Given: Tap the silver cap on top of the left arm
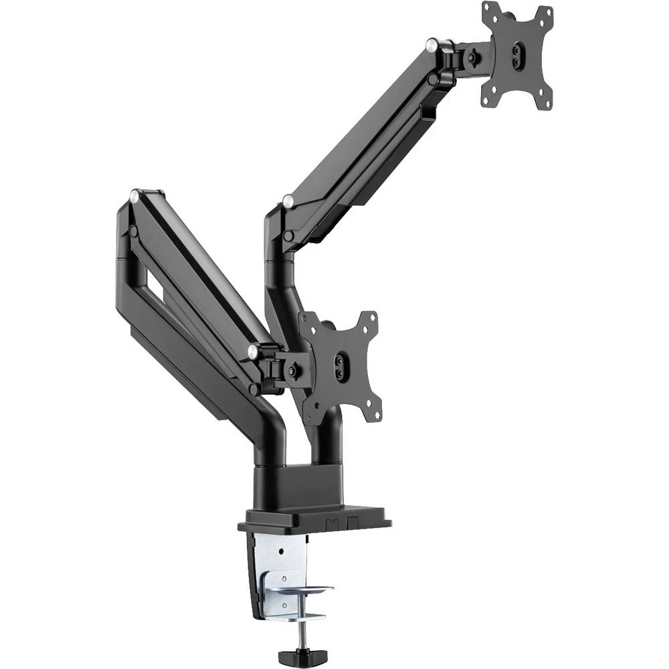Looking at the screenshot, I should tap(134, 195).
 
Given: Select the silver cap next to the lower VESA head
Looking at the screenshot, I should tap(254, 351).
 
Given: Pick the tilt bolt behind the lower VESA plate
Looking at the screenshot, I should tap(292, 369).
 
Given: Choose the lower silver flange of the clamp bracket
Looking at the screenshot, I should tap(301, 590).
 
